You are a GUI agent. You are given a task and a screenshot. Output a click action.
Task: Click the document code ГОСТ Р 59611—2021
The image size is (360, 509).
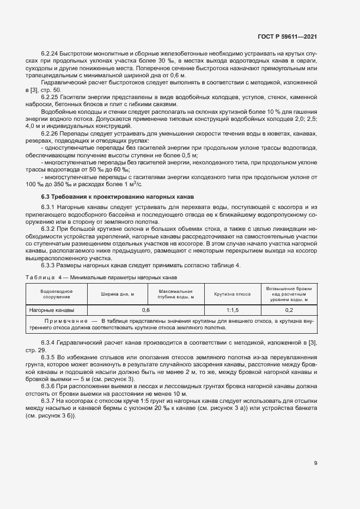click(x=287, y=37)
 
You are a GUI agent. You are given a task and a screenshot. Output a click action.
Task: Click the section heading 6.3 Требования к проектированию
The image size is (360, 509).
click(x=117, y=196)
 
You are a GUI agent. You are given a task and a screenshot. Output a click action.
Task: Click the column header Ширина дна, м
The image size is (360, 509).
click(x=117, y=294)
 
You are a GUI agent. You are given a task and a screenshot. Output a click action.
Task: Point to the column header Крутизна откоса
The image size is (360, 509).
click(x=233, y=294)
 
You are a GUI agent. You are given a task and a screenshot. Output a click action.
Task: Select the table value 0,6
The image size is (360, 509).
click(x=146, y=310)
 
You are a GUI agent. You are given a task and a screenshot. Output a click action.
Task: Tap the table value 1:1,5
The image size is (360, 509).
click(x=233, y=310)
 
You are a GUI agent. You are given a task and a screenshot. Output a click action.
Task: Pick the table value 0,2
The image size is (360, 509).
click(x=289, y=310)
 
